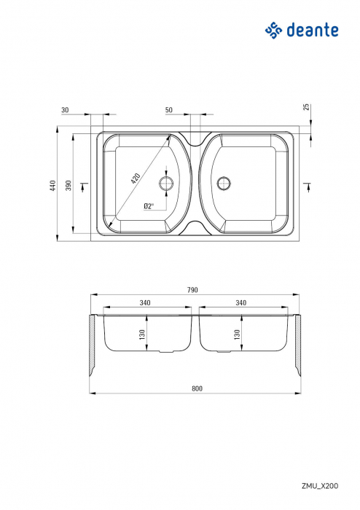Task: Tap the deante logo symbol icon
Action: pyautogui.click(x=273, y=29)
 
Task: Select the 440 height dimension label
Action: pyautogui.click(x=52, y=186)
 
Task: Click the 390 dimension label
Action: pyautogui.click(x=69, y=186)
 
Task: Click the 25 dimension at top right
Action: pyautogui.click(x=306, y=106)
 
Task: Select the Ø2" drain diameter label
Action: pyautogui.click(x=148, y=206)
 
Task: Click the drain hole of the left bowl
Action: pyautogui.click(x=167, y=181)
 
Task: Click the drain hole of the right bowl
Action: pyautogui.click(x=223, y=181)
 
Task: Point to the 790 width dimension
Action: pyautogui.click(x=192, y=289)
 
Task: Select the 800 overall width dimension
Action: pyautogui.click(x=196, y=388)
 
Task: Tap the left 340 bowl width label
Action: pyautogui.click(x=145, y=302)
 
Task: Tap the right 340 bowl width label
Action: pyautogui.click(x=241, y=302)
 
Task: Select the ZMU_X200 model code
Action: pyautogui.click(x=320, y=485)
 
